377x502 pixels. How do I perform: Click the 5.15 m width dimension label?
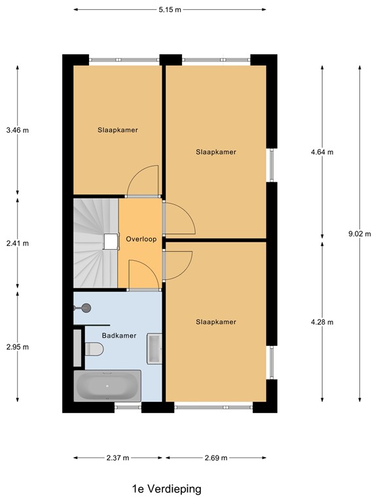[170, 10]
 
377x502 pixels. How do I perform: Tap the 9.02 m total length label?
[360, 234]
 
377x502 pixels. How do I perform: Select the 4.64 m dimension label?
[322, 152]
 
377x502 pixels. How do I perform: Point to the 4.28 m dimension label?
[322, 322]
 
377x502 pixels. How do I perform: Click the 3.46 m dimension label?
[18, 130]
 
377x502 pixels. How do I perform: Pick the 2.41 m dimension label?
[18, 243]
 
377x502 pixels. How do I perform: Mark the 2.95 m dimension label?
[18, 347]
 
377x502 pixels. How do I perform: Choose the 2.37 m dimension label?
[118, 458]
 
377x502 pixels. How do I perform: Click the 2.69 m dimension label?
[215, 458]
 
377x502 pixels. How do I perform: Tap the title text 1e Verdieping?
[166, 489]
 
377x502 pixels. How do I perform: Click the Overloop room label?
[141, 240]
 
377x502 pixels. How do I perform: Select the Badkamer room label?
[119, 335]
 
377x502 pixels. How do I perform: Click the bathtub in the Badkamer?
[108, 386]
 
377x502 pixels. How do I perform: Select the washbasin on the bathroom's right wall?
[155, 348]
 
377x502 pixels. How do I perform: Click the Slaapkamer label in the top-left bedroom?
[118, 130]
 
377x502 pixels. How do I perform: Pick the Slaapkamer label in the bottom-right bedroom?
[215, 322]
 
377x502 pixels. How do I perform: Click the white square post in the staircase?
[109, 242]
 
